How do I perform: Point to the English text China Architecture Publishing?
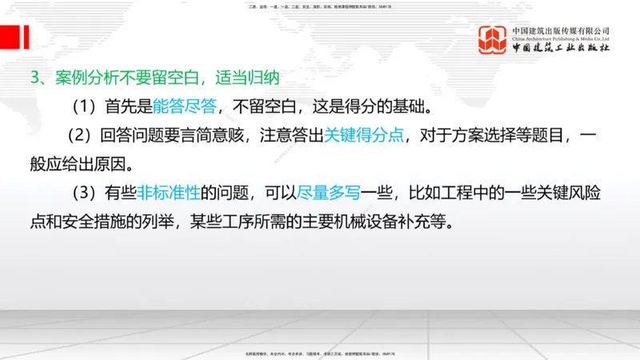click(x=561, y=38)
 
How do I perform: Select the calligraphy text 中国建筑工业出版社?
click(x=561, y=49)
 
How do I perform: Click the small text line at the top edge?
click(x=320, y=6)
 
